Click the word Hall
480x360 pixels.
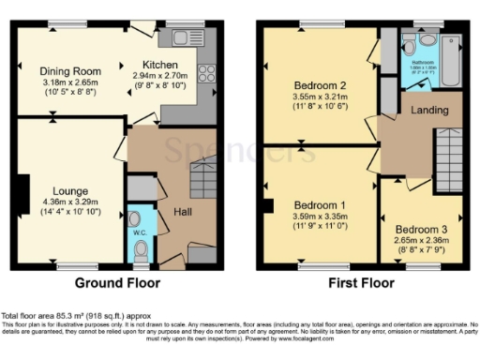click(184, 212)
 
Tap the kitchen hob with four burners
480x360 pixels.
click(206, 73)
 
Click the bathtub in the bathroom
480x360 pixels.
click(451, 52)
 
